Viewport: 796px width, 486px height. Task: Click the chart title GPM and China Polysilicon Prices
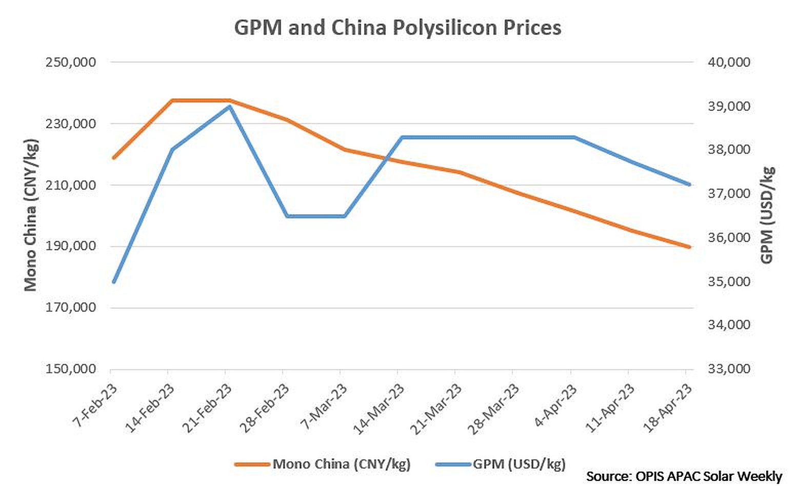point(397,27)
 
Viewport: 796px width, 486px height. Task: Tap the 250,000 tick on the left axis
point(71,62)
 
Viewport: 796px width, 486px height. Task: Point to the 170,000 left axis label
point(71,308)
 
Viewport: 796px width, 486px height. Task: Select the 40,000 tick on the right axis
point(729,62)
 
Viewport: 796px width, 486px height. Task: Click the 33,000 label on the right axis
point(729,369)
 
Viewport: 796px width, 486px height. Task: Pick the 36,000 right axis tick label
point(729,237)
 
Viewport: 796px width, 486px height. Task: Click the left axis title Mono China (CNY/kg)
point(31,215)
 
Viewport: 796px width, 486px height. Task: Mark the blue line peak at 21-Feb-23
point(230,107)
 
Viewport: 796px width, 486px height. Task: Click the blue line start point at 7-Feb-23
point(114,281)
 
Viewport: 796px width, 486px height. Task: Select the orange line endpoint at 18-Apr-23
point(689,247)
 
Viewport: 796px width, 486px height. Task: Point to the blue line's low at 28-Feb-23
point(287,216)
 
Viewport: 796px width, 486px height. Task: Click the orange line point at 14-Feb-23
point(172,100)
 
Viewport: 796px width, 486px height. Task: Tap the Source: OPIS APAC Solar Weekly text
point(684,476)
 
